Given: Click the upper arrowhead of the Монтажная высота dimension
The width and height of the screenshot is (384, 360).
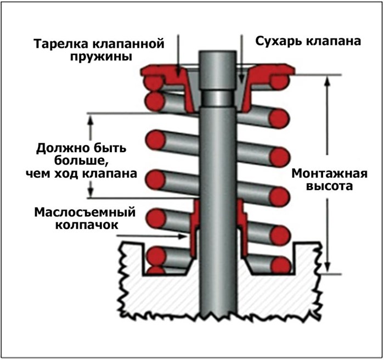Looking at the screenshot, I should point(327,80).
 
